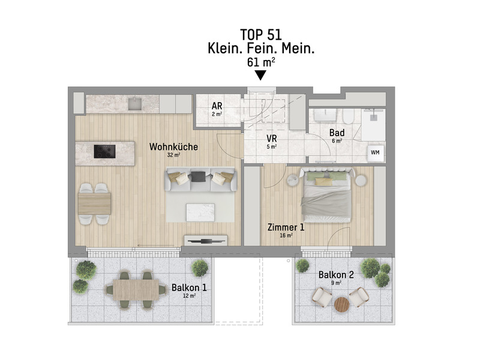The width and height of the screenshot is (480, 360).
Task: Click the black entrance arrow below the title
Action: click(260, 76)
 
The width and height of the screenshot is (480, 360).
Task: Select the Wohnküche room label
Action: click(173, 146)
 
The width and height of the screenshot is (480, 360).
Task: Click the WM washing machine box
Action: click(376, 152)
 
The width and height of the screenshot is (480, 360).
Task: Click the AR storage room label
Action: click(217, 106)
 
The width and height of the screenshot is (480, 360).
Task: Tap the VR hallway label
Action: click(272, 137)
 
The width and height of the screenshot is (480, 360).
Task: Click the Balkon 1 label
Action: click(189, 287)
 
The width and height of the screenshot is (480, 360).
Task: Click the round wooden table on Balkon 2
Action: click(341, 305)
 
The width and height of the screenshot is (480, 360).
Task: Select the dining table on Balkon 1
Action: click(136, 290)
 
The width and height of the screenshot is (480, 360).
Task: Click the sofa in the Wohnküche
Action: click(200, 179)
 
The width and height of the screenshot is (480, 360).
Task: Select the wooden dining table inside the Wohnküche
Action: click(95, 204)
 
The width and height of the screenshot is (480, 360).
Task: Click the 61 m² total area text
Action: click(260, 62)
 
